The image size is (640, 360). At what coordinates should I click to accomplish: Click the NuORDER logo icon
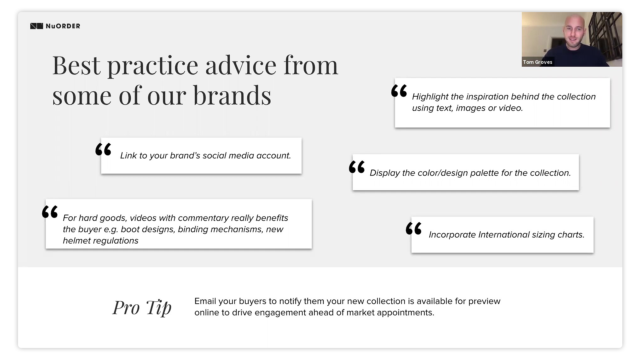point(37,26)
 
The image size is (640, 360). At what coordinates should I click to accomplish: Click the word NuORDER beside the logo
point(63,26)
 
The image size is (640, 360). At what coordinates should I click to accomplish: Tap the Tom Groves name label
point(538,62)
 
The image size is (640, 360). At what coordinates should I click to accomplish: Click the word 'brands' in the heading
point(232,96)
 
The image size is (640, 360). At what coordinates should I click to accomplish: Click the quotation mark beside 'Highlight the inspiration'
point(399,91)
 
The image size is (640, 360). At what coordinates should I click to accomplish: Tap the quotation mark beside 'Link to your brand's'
point(103,149)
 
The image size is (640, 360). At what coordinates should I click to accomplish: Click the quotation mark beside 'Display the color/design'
point(357,167)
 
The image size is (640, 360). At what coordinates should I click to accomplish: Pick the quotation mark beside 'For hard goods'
point(50,212)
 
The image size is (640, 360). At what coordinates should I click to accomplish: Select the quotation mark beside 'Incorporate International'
point(414,228)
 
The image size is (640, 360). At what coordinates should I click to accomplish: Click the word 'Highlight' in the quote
point(430,97)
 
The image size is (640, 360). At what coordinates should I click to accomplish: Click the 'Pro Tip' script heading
point(142,307)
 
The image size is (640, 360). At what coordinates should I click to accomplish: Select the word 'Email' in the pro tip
point(205,301)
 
